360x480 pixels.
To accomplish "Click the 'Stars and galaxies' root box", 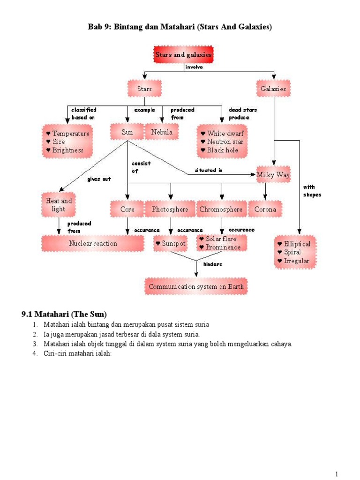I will tap(183, 55).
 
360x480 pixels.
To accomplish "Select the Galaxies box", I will tap(273, 88).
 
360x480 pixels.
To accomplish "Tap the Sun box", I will tap(127, 132).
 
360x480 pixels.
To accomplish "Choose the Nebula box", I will tap(162, 132).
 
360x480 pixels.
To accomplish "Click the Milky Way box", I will tap(273, 175).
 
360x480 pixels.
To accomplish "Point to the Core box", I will tap(127, 209).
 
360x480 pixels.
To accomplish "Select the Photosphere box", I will tap(170, 209).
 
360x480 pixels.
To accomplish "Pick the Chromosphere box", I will tap(221, 209).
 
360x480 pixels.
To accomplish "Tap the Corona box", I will tap(265, 209).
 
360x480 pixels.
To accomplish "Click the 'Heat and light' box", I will tap(59, 205).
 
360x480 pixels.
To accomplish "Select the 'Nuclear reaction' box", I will tap(93, 243).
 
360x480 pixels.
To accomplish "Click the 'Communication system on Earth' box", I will tap(196, 286).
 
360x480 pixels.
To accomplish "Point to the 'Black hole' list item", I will tap(223, 150).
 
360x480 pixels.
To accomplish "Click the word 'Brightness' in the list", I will tap(68, 150).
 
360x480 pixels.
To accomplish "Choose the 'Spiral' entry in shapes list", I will tap(292, 252).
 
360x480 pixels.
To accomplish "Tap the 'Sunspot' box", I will tap(171, 244).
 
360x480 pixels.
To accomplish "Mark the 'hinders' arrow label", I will tap(212, 264).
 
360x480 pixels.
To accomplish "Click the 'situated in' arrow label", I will tap(205, 170).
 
